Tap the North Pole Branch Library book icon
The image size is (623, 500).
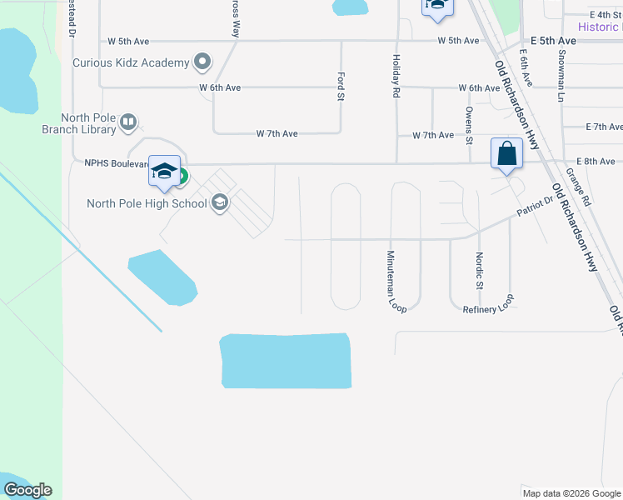128,123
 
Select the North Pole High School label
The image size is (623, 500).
147,203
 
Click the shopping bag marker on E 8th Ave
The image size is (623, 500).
506,154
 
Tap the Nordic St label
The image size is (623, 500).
479,271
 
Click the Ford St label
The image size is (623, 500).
341,86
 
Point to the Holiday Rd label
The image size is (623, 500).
396,75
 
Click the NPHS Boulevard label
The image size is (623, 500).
117,163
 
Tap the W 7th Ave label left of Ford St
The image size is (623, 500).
277,133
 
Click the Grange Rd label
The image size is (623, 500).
577,187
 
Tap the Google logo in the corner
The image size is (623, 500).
27,490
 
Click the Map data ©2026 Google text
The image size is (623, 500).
571,493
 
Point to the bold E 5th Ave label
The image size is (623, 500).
554,40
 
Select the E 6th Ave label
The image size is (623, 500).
525,67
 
